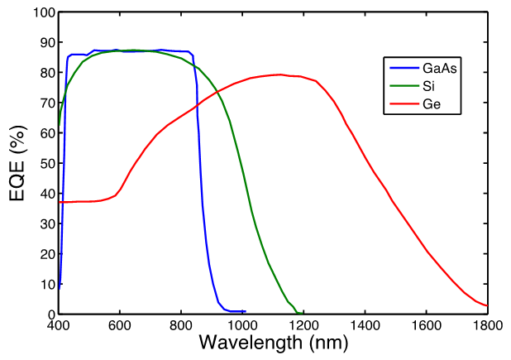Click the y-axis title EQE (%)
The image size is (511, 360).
point(18,163)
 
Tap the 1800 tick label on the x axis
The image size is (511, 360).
point(487,325)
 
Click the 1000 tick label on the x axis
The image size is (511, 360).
point(242,325)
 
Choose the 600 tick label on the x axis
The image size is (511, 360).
point(120,325)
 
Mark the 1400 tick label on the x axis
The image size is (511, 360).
point(365,325)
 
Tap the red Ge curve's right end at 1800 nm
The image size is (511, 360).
point(487,305)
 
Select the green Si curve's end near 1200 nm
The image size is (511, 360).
point(299,312)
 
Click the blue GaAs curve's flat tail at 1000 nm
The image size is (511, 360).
point(244,311)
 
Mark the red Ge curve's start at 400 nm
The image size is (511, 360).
point(60,202)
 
